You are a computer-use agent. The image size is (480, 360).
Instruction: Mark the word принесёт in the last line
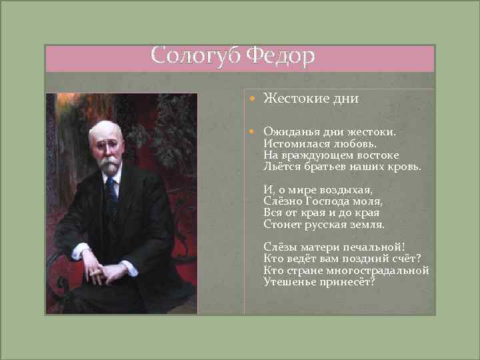point(351,282)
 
